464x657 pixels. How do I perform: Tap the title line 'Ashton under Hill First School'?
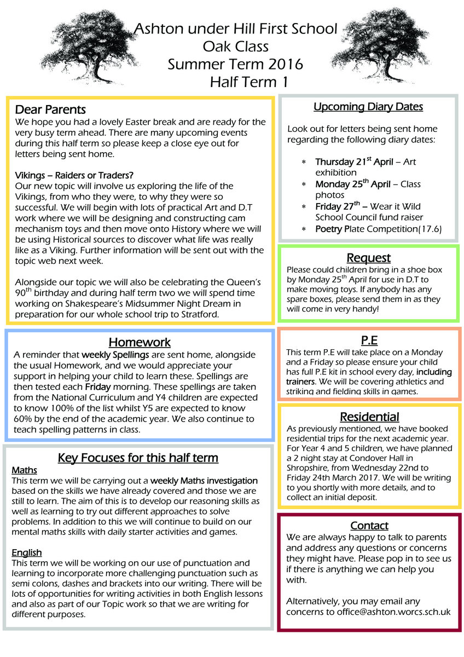(236, 28)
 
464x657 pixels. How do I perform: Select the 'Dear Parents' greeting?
(50, 109)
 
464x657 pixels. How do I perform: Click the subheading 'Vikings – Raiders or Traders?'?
(74, 175)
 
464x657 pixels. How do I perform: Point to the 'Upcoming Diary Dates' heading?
(368, 107)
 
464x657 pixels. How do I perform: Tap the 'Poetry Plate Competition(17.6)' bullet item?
(378, 229)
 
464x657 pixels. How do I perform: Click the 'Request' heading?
(368, 257)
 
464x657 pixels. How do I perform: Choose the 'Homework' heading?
(140, 342)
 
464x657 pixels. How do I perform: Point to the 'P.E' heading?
(369, 340)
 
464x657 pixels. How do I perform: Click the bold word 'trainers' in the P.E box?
(300, 381)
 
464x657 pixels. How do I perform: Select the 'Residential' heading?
(369, 417)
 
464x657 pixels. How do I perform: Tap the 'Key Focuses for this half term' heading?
(138, 458)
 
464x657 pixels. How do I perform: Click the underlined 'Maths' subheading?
(25, 470)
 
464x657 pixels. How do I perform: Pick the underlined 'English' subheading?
(27, 552)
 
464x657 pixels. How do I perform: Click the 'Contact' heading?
(369, 526)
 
